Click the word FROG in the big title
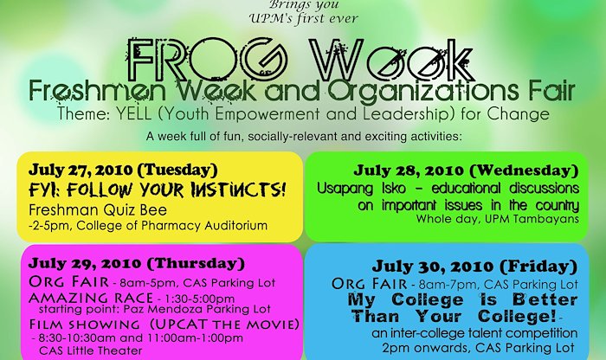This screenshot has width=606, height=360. pyautogui.click(x=206, y=61)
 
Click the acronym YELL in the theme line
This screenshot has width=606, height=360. pyautogui.click(x=133, y=114)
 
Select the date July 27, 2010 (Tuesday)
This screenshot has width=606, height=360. pyautogui.click(x=123, y=170)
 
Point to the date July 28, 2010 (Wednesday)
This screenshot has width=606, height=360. pyautogui.click(x=466, y=170)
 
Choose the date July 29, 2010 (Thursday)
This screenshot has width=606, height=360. pyautogui.click(x=137, y=263)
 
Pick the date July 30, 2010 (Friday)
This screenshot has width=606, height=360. pyautogui.click(x=474, y=267)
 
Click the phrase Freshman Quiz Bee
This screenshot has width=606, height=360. pyautogui.click(x=98, y=210)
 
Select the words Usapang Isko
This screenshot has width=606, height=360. pyautogui.click(x=361, y=189)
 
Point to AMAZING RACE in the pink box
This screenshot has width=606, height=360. pyautogui.click(x=91, y=299)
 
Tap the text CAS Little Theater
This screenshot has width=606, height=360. pyautogui.click(x=91, y=350)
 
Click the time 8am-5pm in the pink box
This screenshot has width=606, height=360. pyautogui.click(x=148, y=283)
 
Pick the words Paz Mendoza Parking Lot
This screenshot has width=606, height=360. pyautogui.click(x=197, y=309)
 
